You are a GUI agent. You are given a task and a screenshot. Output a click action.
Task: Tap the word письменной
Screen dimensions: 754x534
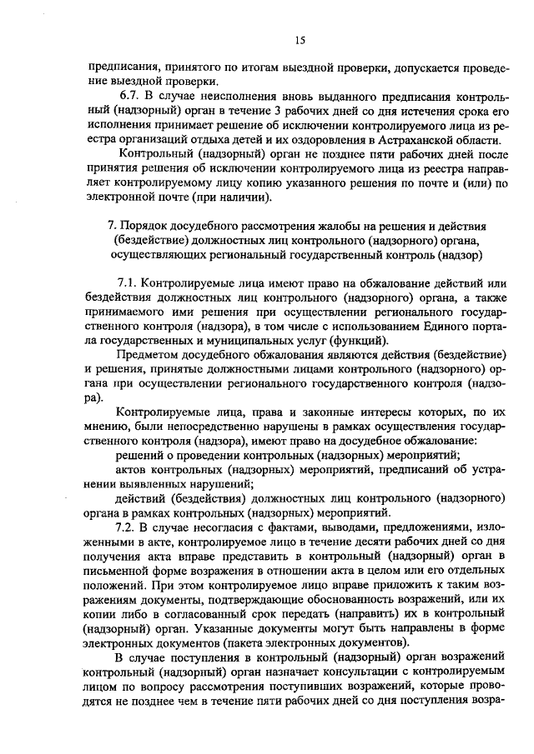[115, 571]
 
